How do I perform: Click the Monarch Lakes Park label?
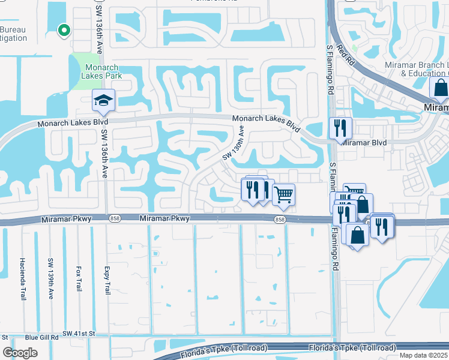(x=103, y=71)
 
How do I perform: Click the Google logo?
(x=20, y=353)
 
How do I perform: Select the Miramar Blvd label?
(x=364, y=143)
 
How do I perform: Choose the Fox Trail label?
(x=79, y=279)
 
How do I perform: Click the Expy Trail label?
(x=107, y=280)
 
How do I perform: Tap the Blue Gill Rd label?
(x=41, y=337)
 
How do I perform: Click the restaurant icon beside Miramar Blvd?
(x=340, y=128)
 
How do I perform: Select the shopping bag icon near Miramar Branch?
(x=441, y=88)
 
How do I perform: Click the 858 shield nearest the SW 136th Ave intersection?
(x=114, y=220)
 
